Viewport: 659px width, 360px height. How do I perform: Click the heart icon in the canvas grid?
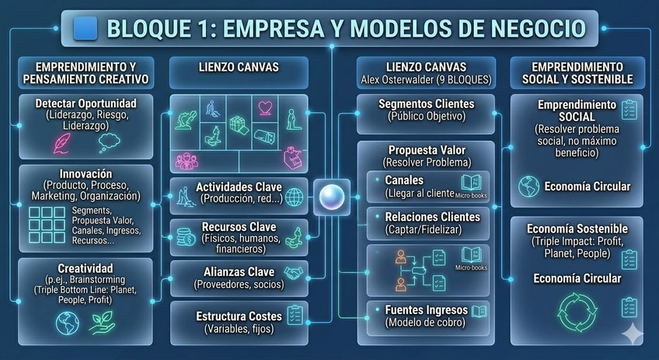tap(266, 107)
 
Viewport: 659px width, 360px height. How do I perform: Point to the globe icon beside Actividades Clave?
tap(295, 197)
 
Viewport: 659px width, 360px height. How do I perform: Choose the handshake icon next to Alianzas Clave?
tap(295, 273)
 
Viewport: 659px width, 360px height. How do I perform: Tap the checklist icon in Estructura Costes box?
tap(295, 315)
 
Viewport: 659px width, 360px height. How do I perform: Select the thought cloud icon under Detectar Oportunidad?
tap(110, 141)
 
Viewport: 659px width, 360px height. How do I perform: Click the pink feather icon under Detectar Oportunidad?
tap(61, 142)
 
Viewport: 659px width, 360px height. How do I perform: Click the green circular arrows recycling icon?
tap(577, 311)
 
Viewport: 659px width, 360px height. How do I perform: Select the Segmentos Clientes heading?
tap(425, 104)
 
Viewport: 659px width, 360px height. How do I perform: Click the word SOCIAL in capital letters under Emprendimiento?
tap(577, 117)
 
